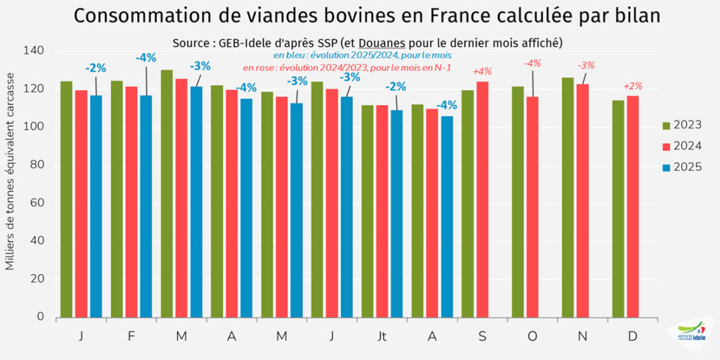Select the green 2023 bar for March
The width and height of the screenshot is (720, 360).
167,193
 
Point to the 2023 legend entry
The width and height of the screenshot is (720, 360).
682,125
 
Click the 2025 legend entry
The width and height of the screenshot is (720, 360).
682,167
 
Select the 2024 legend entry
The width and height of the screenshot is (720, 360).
682,146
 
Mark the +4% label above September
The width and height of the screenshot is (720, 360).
482,72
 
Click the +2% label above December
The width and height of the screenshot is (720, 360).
633,86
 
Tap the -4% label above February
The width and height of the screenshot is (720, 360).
146,58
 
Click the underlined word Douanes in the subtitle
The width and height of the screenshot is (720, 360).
382,43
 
